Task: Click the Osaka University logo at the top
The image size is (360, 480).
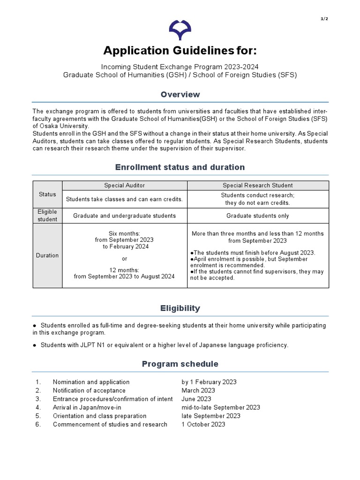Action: click(180, 29)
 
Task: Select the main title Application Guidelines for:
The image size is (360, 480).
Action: click(180, 50)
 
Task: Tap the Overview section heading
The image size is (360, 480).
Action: click(180, 95)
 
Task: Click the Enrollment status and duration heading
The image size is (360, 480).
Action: click(180, 167)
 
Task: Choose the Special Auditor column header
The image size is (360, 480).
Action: click(124, 185)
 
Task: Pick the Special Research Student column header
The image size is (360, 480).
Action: click(257, 185)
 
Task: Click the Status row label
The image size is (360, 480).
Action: click(47, 195)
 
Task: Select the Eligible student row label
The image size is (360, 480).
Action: click(47, 216)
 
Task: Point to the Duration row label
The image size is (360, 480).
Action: click(47, 255)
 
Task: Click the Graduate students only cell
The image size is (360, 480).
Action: click(257, 216)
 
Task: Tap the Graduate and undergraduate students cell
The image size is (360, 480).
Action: click(124, 216)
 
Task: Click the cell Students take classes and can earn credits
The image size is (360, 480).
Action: click(124, 199)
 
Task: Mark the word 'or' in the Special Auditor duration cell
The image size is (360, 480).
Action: click(124, 259)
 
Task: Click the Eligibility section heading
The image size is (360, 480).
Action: click(180, 308)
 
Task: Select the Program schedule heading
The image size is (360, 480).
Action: click(180, 364)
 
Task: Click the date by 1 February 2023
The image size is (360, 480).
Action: click(209, 382)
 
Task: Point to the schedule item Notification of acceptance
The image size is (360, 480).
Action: click(89, 390)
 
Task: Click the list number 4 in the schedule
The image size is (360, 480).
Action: click(38, 407)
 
